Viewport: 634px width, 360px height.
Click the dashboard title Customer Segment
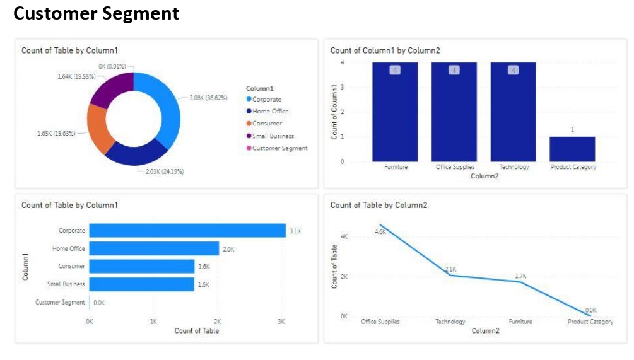click(96, 13)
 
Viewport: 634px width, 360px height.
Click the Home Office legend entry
click(270, 112)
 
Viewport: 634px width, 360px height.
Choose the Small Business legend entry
click(273, 136)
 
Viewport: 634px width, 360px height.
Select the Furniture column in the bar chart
click(396, 113)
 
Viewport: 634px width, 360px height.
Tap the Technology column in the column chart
click(514, 113)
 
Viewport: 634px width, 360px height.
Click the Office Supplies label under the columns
click(454, 167)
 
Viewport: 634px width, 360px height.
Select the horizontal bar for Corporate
click(187, 231)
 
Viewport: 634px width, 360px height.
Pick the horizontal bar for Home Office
click(154, 248)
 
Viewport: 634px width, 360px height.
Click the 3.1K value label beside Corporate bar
click(295, 231)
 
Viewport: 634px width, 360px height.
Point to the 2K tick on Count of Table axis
click(217, 321)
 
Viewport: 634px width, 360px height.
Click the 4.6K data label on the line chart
click(380, 231)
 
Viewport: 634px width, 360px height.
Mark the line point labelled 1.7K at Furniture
click(520, 281)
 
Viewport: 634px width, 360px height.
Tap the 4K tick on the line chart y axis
click(344, 236)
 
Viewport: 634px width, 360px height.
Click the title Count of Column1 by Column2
click(385, 50)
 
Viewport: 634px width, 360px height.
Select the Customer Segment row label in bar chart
click(60, 303)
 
